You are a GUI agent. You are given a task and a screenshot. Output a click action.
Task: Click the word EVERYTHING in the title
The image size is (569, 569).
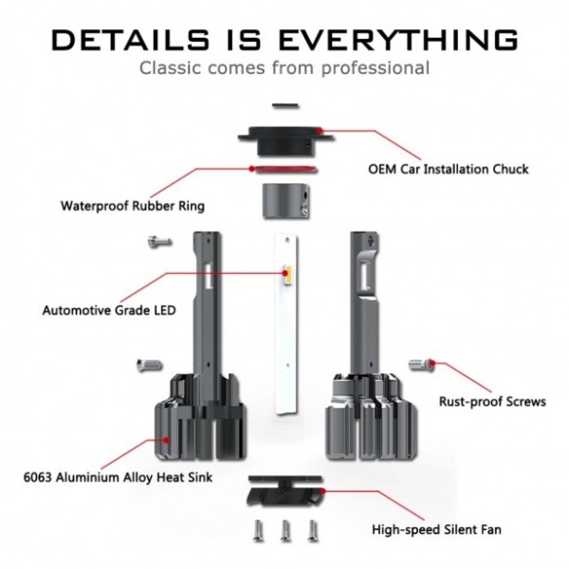397,39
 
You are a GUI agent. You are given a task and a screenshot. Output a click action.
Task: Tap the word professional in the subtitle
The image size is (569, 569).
376,68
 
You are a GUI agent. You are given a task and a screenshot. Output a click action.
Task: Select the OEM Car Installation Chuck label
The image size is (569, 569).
449,169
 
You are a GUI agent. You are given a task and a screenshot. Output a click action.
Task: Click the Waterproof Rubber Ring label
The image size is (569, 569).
133,206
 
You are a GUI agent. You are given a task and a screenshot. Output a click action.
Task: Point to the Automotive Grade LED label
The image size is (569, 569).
109,311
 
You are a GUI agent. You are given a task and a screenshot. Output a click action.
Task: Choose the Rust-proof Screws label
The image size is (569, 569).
492,402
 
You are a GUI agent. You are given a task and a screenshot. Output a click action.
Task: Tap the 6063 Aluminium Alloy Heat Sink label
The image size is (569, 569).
118,477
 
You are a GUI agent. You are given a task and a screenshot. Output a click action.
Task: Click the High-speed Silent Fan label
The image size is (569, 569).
436,529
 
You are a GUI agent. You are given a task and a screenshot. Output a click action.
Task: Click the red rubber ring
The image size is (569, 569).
284,169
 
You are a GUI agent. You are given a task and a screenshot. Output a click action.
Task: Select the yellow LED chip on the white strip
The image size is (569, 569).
287,275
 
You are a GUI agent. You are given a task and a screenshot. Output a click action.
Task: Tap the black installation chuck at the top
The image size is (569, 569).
285,140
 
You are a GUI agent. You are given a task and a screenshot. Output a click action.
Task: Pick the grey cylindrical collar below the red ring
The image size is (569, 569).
286,201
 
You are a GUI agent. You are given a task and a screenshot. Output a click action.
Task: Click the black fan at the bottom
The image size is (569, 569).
284,491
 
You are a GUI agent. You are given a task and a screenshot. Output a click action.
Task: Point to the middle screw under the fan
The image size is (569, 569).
285,531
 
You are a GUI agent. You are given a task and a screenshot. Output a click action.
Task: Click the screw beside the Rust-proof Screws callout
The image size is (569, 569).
421,364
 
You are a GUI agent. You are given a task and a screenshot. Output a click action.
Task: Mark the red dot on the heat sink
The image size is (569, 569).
167,440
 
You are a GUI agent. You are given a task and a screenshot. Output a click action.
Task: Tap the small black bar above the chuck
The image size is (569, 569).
285,106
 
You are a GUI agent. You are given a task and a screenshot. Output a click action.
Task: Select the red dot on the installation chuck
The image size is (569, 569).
319,130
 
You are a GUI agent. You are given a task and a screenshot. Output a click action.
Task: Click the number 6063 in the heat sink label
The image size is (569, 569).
38,477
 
